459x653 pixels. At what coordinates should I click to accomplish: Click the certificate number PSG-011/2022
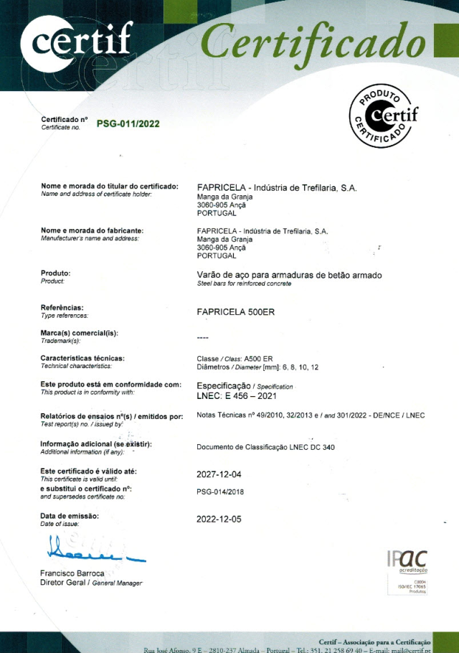pos(128,123)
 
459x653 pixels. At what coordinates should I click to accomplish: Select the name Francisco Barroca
pos(73,573)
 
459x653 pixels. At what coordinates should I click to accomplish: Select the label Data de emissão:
pos(70,516)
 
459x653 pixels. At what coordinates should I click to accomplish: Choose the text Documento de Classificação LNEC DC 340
pos(265,448)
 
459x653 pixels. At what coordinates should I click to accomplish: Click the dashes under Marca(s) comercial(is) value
pos(202,338)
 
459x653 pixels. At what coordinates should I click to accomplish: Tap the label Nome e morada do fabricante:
pos(93,230)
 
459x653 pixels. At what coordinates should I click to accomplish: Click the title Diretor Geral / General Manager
pos(91,583)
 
